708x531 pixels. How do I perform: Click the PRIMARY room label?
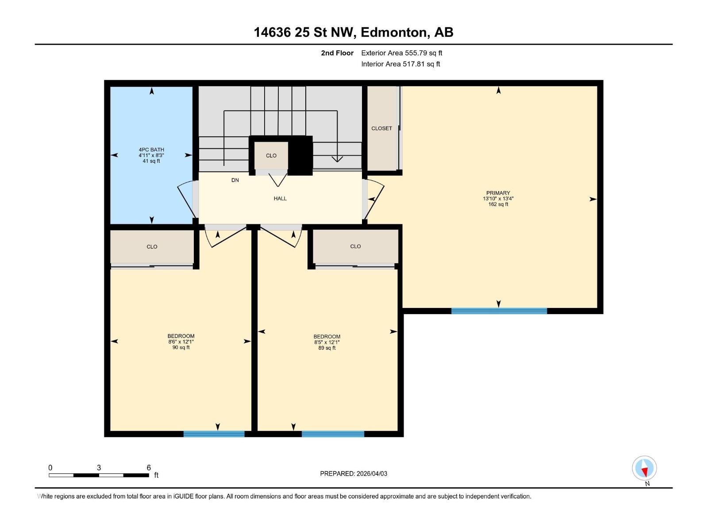pyautogui.click(x=498, y=193)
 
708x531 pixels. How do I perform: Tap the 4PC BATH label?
pyautogui.click(x=151, y=150)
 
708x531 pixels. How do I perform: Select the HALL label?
pyautogui.click(x=280, y=199)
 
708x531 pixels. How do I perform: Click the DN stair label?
pyautogui.click(x=235, y=180)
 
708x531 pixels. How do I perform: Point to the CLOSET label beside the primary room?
pyautogui.click(x=381, y=128)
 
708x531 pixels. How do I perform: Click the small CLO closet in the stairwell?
pyautogui.click(x=271, y=155)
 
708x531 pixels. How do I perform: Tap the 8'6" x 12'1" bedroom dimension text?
pyautogui.click(x=181, y=342)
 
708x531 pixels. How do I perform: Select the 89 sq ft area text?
pyautogui.click(x=327, y=348)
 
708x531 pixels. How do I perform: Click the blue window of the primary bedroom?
pyautogui.click(x=499, y=311)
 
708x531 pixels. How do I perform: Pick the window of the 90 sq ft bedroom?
pyautogui.click(x=214, y=434)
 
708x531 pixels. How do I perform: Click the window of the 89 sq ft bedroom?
pyautogui.click(x=333, y=434)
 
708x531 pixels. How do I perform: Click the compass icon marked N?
pyautogui.click(x=644, y=468)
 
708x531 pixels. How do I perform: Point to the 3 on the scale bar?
pyautogui.click(x=99, y=468)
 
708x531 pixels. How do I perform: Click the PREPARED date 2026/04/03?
pyautogui.click(x=354, y=473)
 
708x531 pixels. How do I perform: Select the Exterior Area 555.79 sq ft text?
pyautogui.click(x=401, y=53)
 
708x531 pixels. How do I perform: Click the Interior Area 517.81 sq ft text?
pyautogui.click(x=400, y=64)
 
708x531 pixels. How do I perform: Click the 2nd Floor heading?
pyautogui.click(x=337, y=53)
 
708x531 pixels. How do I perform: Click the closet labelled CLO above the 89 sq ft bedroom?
pyautogui.click(x=355, y=246)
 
